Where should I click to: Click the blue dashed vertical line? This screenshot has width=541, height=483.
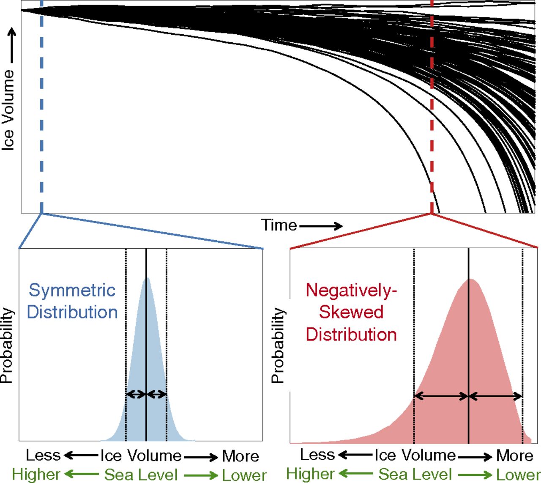click(41, 106)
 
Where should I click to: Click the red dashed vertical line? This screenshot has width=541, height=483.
click(432, 106)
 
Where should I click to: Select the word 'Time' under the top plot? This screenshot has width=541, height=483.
click(279, 225)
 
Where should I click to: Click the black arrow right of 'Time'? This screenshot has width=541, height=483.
click(321, 226)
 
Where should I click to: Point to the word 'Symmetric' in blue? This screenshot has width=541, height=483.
click(72, 290)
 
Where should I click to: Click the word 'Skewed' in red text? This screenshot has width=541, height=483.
click(351, 312)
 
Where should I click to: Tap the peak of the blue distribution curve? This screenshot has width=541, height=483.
click(147, 279)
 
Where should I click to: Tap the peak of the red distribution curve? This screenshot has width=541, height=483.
click(470, 280)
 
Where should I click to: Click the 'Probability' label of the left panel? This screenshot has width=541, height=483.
click(7, 345)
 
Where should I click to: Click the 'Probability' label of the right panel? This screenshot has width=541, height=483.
click(278, 345)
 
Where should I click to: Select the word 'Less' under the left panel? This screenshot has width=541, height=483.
click(43, 455)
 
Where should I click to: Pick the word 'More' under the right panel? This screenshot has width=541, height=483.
click(514, 456)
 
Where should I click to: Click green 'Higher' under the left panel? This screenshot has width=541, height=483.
click(36, 475)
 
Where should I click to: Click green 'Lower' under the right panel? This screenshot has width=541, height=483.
click(518, 475)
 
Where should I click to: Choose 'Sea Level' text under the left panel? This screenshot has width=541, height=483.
click(141, 475)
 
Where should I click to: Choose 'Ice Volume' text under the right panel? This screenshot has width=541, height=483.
click(415, 455)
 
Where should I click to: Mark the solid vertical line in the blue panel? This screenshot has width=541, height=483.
click(146, 338)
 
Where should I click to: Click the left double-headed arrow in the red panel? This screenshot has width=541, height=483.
click(441, 396)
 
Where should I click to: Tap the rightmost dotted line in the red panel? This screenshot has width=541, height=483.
click(523, 338)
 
